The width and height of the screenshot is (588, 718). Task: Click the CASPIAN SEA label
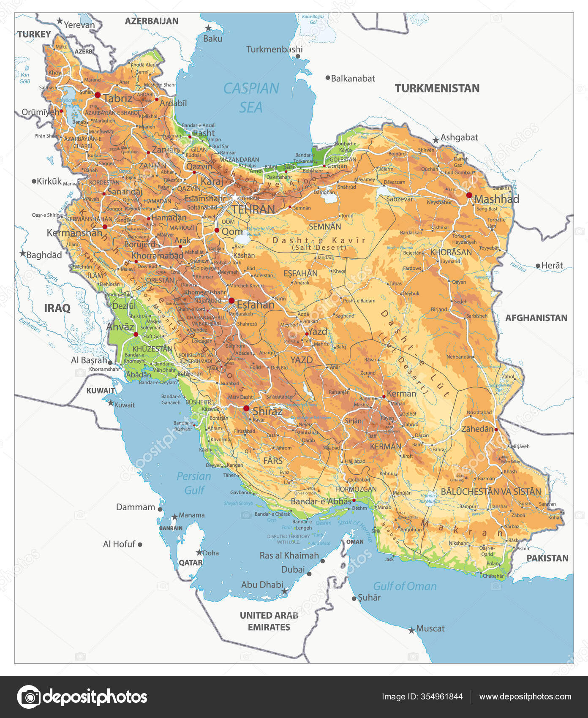[x=251, y=98]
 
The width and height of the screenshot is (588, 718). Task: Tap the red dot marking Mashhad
[x=469, y=195]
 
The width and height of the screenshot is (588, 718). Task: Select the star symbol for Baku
[x=208, y=28]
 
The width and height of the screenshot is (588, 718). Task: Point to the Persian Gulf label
[x=194, y=483]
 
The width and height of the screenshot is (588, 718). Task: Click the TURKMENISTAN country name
[x=437, y=88]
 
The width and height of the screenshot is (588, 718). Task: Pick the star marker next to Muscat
[x=411, y=631]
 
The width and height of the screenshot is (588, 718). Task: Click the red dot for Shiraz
[x=246, y=408]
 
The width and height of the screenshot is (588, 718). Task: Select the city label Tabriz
[x=118, y=98]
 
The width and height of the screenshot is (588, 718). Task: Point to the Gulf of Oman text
[x=405, y=586]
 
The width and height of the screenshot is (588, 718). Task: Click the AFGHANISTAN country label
[x=536, y=318]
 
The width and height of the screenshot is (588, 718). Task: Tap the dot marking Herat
[x=538, y=266]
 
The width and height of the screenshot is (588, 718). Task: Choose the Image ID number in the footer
[x=422, y=696]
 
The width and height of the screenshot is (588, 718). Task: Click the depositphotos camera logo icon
[x=29, y=696]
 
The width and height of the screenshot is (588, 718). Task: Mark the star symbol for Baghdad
[x=22, y=254]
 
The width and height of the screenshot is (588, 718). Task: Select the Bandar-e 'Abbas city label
[x=321, y=501]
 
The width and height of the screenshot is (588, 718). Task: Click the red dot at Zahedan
[x=496, y=430]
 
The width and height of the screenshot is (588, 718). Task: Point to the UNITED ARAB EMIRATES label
[x=269, y=621]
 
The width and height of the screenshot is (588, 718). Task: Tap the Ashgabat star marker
[x=436, y=140]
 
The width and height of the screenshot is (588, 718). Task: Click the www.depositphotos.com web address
[x=525, y=696]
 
